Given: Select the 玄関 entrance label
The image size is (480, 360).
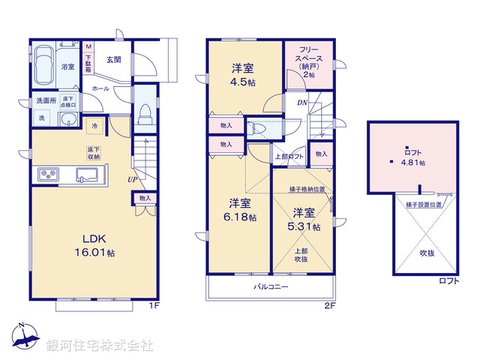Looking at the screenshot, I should [113, 60].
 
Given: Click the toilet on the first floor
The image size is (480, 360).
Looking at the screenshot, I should [145, 112].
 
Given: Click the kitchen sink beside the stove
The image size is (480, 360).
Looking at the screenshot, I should [84, 175].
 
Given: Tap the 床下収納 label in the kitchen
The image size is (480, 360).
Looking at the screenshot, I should [94, 152].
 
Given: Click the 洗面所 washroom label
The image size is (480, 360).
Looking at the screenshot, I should [44, 100].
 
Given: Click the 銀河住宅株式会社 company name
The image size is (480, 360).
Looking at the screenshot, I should [100, 346].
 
